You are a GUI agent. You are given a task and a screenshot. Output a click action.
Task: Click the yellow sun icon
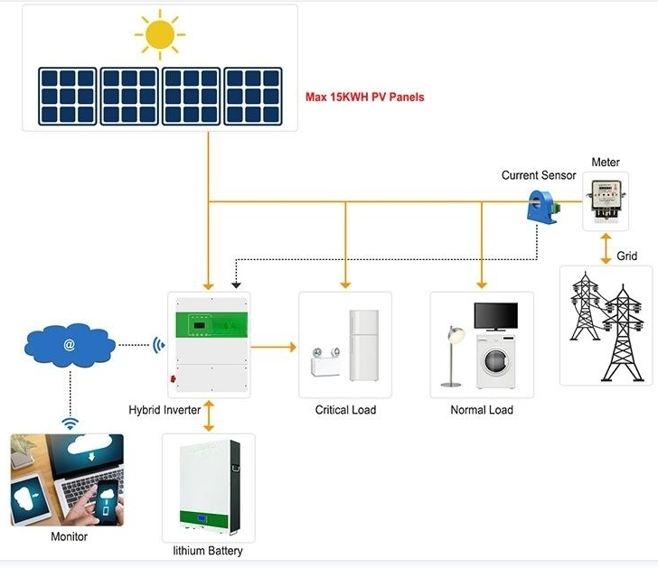[x=160, y=35]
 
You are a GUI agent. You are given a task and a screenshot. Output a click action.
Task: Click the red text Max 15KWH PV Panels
[x=364, y=98]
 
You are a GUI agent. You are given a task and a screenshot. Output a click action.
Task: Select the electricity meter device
[x=605, y=200]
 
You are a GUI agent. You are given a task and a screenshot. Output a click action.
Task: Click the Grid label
[x=627, y=256]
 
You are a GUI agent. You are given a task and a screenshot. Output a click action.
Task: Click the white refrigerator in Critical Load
[x=363, y=345]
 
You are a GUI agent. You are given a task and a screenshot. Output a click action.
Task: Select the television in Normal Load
[x=496, y=317]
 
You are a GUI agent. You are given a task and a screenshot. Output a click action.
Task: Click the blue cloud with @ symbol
[x=70, y=344]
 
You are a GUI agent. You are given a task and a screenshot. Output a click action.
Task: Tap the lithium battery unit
[x=208, y=488]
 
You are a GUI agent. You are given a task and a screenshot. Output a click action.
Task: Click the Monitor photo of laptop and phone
[x=67, y=480]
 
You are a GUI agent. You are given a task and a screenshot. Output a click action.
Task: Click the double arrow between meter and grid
[x=605, y=249]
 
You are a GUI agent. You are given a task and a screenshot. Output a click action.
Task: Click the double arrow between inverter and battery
[x=209, y=415]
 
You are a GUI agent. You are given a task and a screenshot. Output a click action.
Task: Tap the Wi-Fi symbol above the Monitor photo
[x=69, y=423]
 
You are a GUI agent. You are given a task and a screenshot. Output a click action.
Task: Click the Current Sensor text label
[x=539, y=175]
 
